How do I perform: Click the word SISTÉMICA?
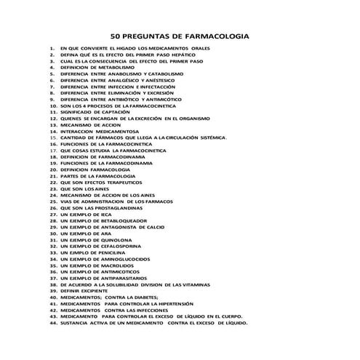click(210, 137)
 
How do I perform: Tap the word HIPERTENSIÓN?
click(193, 309)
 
